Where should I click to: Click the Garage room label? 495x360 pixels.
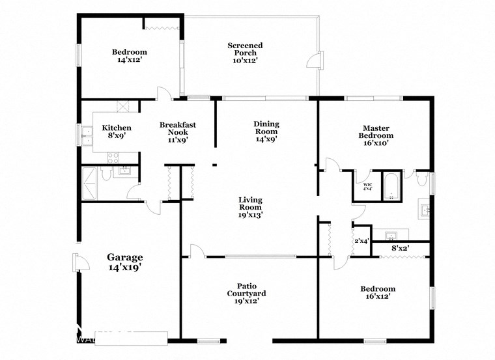(x=124, y=257)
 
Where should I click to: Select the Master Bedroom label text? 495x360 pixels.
(x=376, y=132)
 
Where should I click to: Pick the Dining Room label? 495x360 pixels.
(x=266, y=128)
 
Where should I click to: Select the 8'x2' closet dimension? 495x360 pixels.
(x=399, y=248)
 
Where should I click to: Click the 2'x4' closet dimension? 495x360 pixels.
(x=361, y=242)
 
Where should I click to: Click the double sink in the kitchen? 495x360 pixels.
(x=87, y=133)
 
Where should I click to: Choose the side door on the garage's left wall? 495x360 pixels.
(x=79, y=264)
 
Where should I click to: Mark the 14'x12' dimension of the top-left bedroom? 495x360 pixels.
(x=129, y=60)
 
